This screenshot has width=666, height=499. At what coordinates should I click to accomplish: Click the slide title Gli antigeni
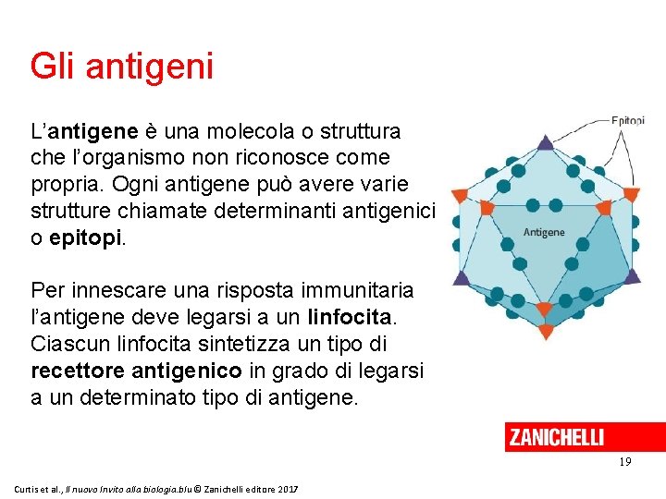[122, 67]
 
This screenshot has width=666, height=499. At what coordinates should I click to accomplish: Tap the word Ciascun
[69, 344]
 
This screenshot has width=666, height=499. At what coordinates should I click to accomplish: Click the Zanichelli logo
[556, 437]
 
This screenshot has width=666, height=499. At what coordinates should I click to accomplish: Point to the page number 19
[625, 461]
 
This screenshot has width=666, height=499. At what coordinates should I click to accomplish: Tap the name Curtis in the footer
[29, 487]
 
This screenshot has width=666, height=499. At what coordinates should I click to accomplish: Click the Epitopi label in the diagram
[627, 121]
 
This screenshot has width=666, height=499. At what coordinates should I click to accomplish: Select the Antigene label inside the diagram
[544, 232]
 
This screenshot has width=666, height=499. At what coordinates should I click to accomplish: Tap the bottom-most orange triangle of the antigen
[545, 332]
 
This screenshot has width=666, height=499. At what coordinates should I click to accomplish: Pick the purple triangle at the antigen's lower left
[462, 276]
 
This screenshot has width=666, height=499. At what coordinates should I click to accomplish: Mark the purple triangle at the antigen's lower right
[632, 275]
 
